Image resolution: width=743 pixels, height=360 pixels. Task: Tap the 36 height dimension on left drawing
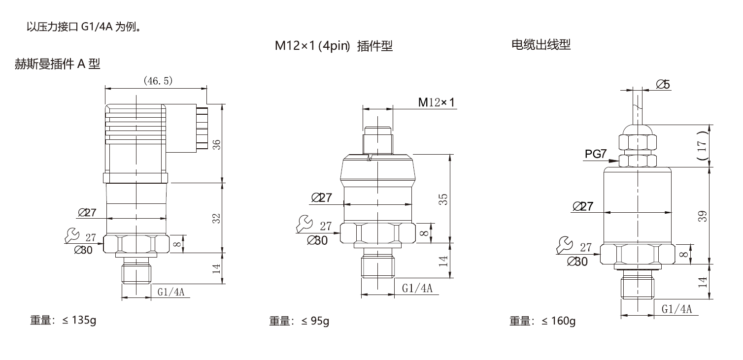click(x=216, y=144)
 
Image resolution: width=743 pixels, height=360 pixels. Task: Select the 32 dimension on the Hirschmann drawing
click(x=216, y=218)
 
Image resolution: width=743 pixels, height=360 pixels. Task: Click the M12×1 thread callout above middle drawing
click(x=438, y=102)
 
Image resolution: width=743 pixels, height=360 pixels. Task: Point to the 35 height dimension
click(x=443, y=199)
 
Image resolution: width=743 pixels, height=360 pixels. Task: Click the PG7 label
click(x=596, y=154)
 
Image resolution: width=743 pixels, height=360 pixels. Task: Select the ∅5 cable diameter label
click(x=663, y=85)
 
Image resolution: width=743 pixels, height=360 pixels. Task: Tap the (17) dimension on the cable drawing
click(x=703, y=145)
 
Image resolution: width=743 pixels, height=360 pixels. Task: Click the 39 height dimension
click(x=703, y=216)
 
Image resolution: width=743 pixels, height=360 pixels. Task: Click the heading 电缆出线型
click(x=541, y=45)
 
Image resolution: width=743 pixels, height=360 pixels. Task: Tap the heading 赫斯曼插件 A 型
click(x=58, y=64)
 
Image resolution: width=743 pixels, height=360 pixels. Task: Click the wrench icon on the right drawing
click(x=564, y=245)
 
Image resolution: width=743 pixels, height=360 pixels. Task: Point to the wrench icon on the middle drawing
click(x=304, y=224)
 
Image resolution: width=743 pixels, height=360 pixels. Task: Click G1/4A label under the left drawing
click(x=170, y=292)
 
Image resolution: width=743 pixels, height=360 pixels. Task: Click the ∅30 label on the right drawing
click(x=577, y=262)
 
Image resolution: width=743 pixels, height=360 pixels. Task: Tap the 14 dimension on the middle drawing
click(x=443, y=261)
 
